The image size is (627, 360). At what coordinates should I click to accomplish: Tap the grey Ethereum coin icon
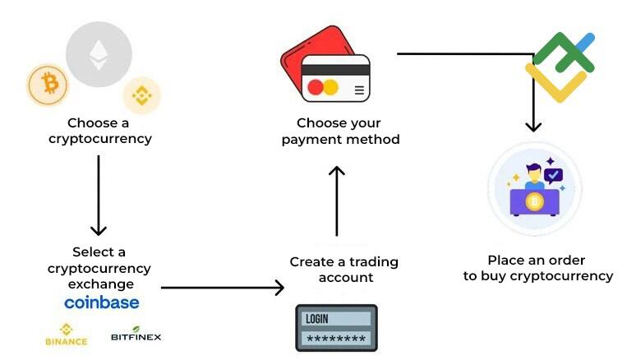pyautogui.click(x=98, y=55)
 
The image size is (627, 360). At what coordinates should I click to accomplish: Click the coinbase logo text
pyautogui.click(x=102, y=302)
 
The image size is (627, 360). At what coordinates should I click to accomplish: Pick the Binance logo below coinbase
pyautogui.click(x=67, y=335)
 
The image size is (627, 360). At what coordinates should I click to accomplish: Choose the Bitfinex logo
pyautogui.click(x=136, y=336)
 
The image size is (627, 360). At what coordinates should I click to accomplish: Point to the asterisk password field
pyautogui.click(x=336, y=339)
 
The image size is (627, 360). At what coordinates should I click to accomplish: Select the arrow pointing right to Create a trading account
pyautogui.click(x=222, y=288)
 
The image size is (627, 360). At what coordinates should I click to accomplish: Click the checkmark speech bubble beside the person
pyautogui.click(x=554, y=175)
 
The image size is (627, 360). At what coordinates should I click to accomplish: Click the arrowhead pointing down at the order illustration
pyautogui.click(x=534, y=126)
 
